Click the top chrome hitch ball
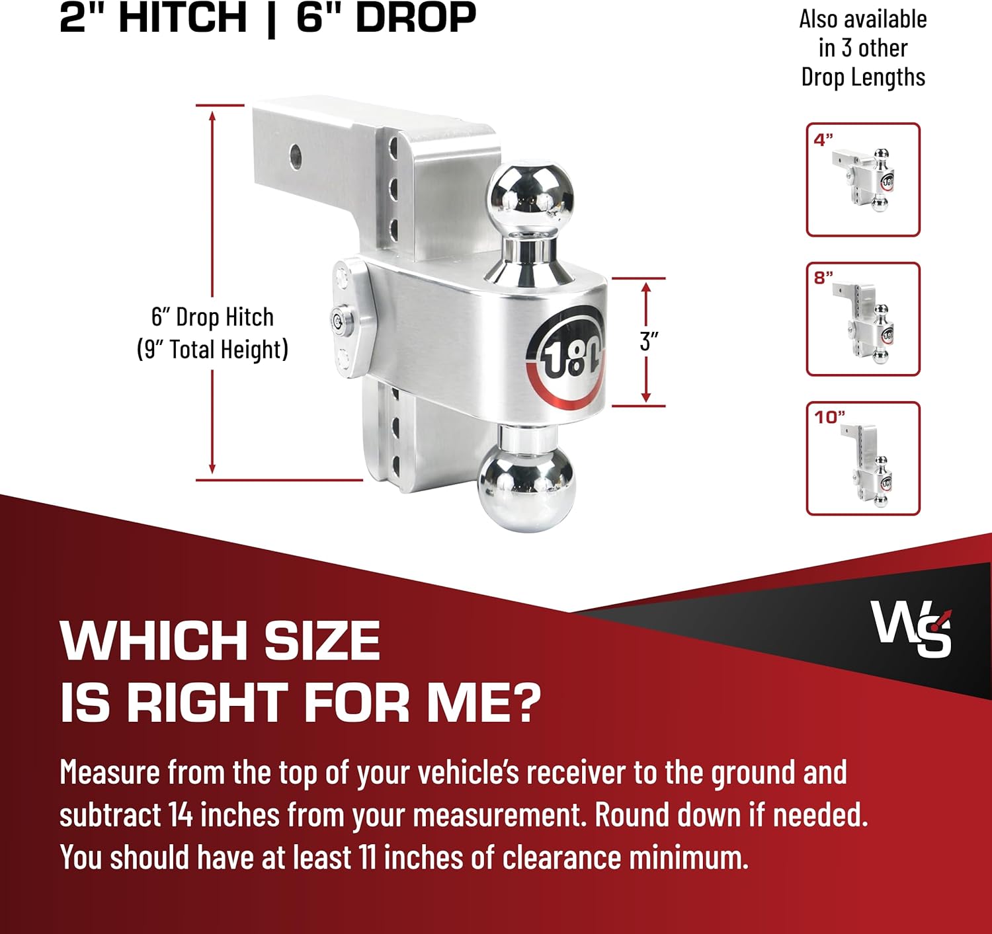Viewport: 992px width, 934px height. coord(530,196)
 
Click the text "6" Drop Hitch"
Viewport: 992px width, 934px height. coord(212,317)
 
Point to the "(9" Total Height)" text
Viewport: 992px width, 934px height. coord(212,349)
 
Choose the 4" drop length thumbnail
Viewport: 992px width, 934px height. coord(863,180)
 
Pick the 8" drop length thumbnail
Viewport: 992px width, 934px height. coord(863,319)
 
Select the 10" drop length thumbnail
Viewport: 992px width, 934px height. coord(863,459)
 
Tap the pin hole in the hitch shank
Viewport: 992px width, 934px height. coord(295,157)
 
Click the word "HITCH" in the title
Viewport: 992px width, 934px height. coord(183,18)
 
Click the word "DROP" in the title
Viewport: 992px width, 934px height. coord(416,18)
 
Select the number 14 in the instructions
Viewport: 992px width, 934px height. coord(180,815)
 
